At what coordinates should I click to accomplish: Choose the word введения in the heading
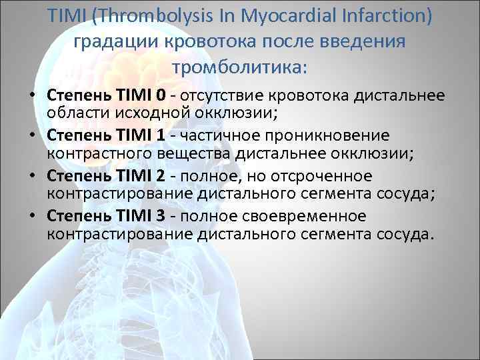(364, 41)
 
